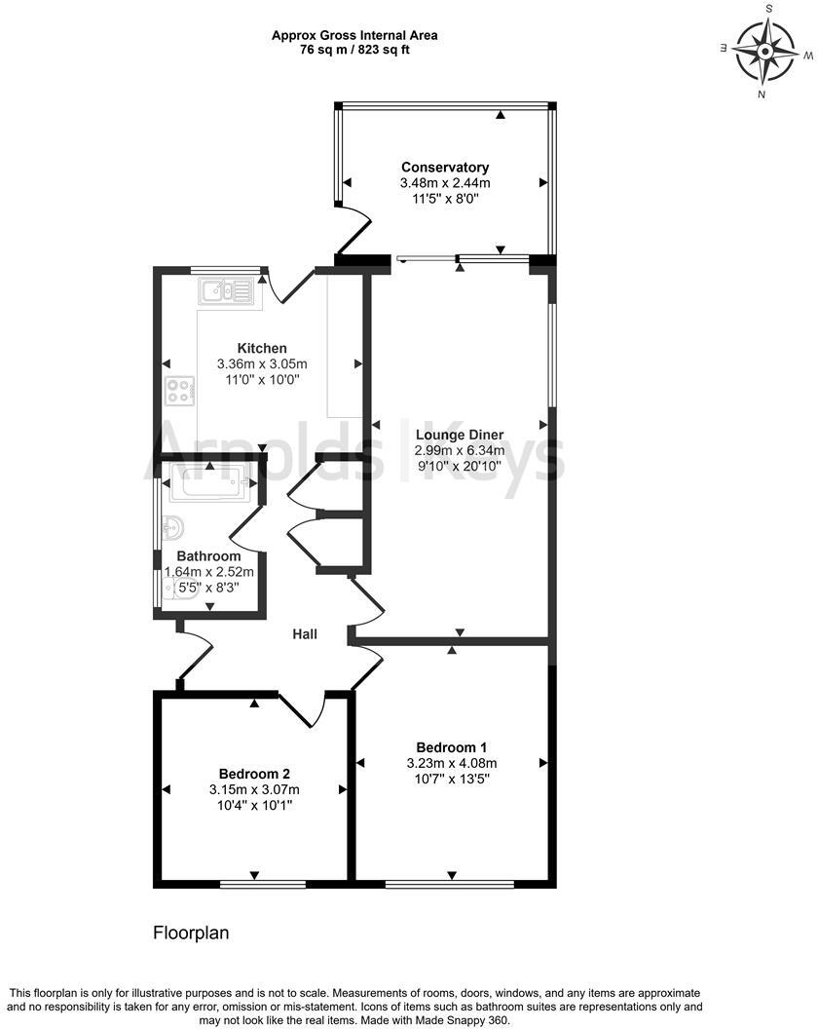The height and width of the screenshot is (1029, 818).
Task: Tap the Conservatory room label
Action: coord(445,168)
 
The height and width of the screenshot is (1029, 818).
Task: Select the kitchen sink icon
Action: coord(225,289)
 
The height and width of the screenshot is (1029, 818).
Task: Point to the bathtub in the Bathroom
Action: coord(209,482)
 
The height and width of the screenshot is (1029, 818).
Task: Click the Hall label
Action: coord(306,634)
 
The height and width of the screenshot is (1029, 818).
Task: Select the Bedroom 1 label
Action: coord(451,747)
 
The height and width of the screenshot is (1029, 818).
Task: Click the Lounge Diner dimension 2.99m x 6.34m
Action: coord(459,450)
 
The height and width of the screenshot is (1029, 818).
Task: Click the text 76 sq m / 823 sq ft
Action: coord(354,51)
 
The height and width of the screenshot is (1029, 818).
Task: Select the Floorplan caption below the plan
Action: coord(191,933)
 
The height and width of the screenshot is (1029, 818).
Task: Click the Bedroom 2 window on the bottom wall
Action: coord(255,884)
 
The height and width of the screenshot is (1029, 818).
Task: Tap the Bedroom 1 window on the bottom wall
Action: coord(449,884)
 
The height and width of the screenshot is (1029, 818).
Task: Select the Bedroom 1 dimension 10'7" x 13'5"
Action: coord(451,779)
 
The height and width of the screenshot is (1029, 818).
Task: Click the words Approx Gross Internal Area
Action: coord(354,35)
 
